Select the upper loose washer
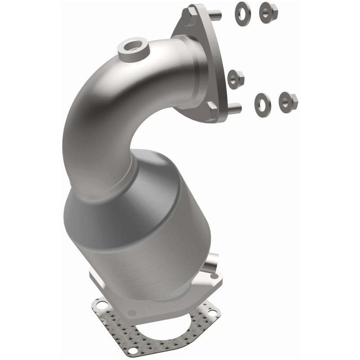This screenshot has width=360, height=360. tap(242, 13)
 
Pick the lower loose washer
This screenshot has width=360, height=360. tap(262, 102)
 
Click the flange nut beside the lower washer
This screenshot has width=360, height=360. tap(287, 101)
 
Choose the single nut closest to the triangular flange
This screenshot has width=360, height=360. tap(235, 79)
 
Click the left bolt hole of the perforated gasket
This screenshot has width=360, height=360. tap(102, 306)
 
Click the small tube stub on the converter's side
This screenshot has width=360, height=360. tap(211, 263)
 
